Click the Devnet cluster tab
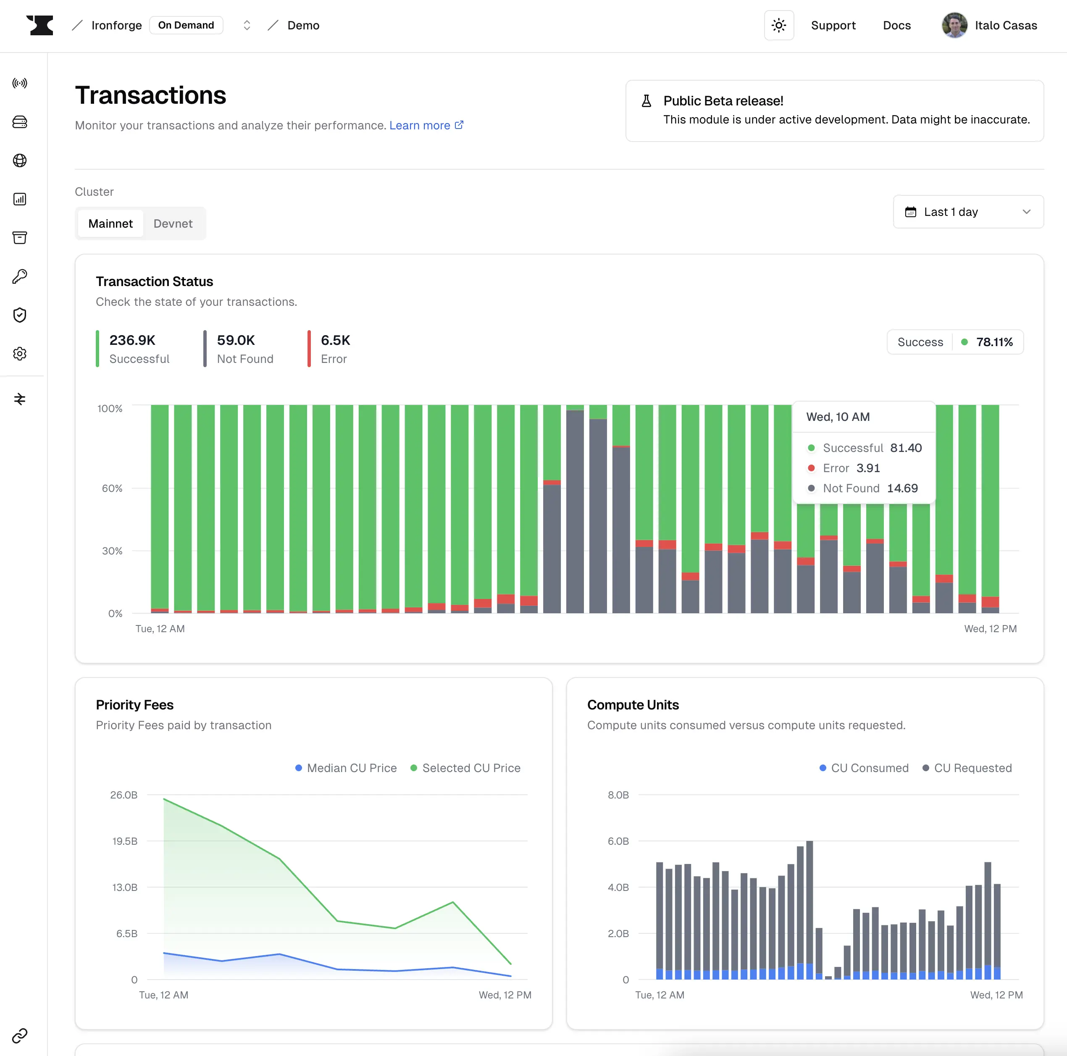[173, 224]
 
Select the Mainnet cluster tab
[110, 224]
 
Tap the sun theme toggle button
[779, 25]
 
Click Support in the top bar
[833, 25]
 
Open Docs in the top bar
[896, 25]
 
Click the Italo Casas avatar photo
[954, 25]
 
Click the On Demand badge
[186, 25]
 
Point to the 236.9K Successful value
[133, 340]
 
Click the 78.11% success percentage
[994, 342]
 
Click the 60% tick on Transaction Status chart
[112, 488]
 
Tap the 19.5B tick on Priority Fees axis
[125, 841]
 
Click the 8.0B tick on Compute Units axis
[618, 795]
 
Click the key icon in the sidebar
[20, 276]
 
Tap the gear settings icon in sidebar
[20, 354]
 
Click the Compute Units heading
[633, 705]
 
